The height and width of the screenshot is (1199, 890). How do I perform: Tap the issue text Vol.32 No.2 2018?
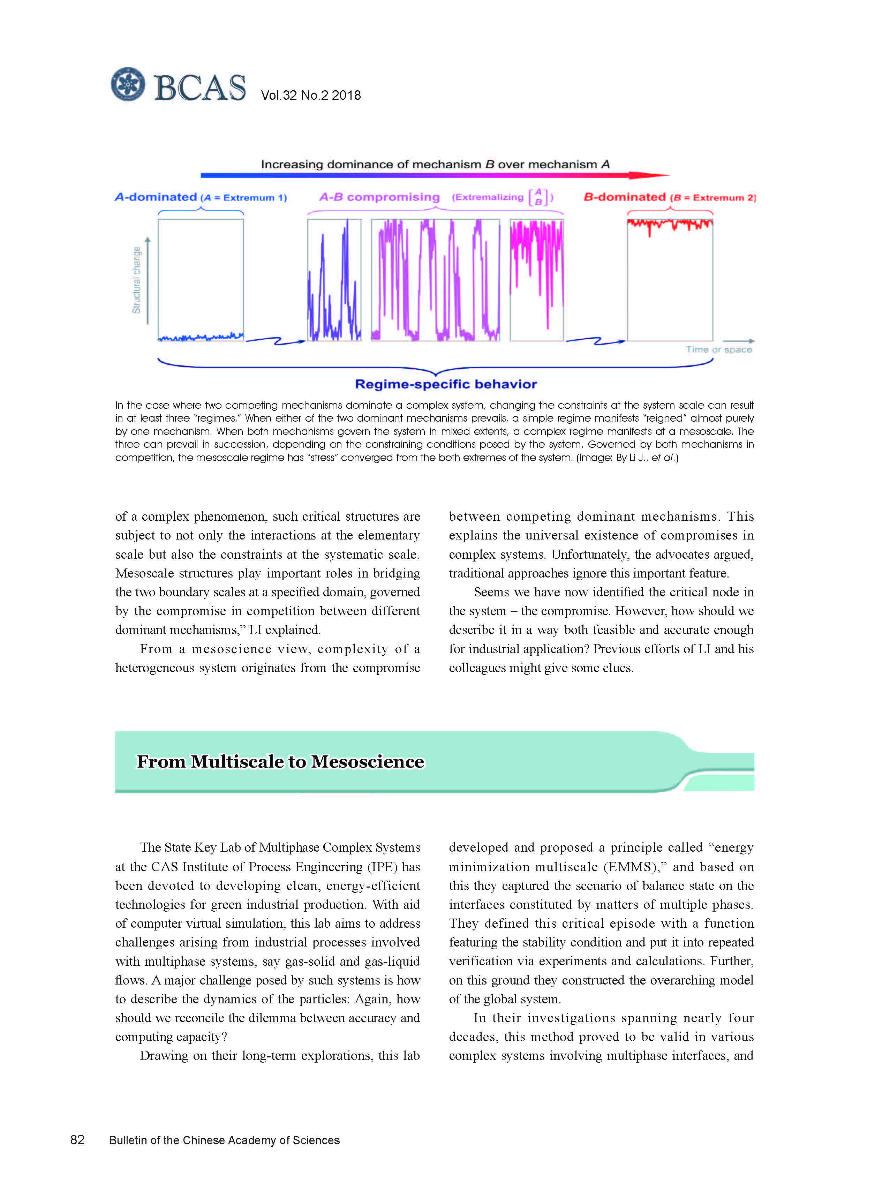click(311, 95)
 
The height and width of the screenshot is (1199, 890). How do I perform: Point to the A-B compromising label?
click(379, 197)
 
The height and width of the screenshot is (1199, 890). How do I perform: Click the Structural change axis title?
click(137, 280)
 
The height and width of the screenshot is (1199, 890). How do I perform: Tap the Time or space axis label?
click(719, 349)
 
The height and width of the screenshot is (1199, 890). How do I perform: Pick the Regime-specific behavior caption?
click(446, 384)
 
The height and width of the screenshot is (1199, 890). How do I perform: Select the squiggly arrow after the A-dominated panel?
click(275, 340)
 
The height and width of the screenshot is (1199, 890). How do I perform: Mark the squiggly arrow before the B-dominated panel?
click(595, 340)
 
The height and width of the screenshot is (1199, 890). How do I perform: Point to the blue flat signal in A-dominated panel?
click(201, 338)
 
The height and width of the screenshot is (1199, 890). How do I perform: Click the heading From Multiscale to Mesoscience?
click(280, 762)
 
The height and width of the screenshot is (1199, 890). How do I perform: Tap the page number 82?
click(77, 1140)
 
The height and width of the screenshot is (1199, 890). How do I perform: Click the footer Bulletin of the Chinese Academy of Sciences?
click(224, 1140)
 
